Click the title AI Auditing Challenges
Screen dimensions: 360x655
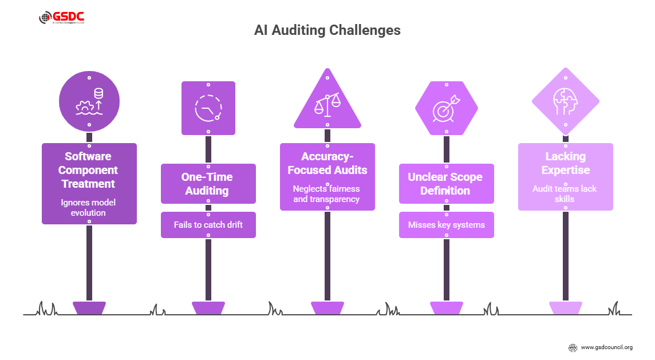[x=327, y=30]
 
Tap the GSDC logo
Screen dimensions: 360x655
[x=62, y=18]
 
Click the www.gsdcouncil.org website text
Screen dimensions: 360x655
[x=606, y=347]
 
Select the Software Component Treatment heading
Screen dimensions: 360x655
[x=89, y=170]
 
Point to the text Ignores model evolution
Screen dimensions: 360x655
[x=89, y=207]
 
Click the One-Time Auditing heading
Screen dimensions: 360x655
[x=208, y=184]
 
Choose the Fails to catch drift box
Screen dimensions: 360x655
[x=208, y=225]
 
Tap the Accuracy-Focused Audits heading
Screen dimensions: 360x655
[x=328, y=163]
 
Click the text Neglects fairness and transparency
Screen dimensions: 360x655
[x=327, y=194]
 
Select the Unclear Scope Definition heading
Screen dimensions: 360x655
[x=445, y=184]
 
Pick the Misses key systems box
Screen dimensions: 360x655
[x=446, y=225]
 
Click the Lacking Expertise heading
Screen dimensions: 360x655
[x=565, y=163]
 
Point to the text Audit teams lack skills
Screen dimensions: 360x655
[x=565, y=194]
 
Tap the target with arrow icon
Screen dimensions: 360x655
[x=446, y=108]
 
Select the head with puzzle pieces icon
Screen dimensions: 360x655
[x=565, y=103]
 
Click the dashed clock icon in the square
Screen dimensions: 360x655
[x=207, y=108]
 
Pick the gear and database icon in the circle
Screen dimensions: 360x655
[x=89, y=102]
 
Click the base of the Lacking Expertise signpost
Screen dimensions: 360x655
[x=565, y=308]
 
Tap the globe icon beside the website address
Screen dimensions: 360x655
[x=573, y=347]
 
